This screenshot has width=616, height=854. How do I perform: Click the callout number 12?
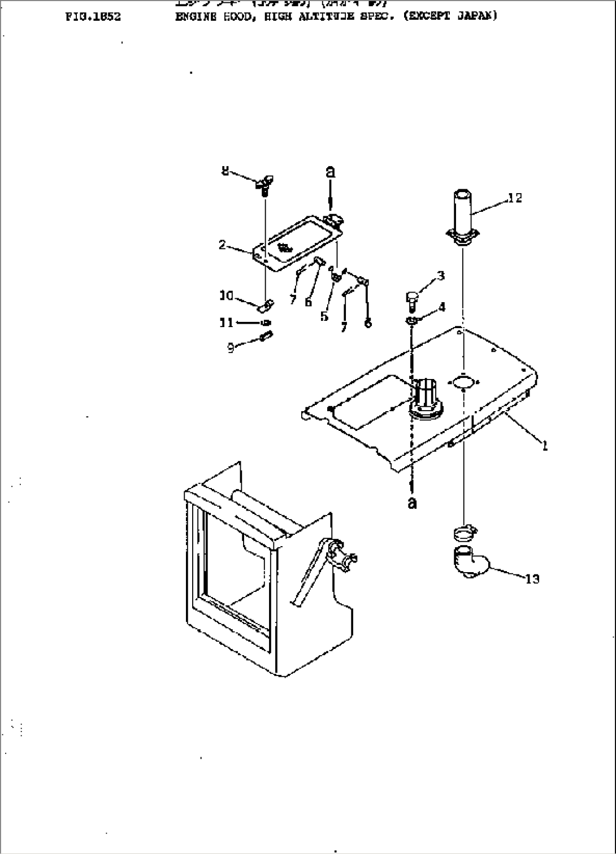pyautogui.click(x=515, y=198)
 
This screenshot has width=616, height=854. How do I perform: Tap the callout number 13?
pyautogui.click(x=532, y=579)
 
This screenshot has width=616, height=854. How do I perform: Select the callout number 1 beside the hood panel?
pyautogui.click(x=545, y=446)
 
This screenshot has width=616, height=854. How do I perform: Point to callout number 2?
pyautogui.click(x=223, y=245)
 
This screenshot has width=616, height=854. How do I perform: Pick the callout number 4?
pyautogui.click(x=441, y=307)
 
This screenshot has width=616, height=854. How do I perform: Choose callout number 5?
pyautogui.click(x=324, y=316)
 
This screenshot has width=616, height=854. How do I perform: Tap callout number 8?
pyautogui.click(x=225, y=170)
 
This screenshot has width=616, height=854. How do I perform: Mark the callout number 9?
pyautogui.click(x=231, y=348)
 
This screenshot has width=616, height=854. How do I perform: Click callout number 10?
pyautogui.click(x=226, y=295)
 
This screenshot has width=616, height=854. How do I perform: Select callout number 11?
pyautogui.click(x=226, y=323)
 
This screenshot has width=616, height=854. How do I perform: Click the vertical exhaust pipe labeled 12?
pyautogui.click(x=463, y=217)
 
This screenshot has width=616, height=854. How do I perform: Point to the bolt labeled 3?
pyautogui.click(x=412, y=299)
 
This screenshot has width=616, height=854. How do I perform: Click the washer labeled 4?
pyautogui.click(x=412, y=321)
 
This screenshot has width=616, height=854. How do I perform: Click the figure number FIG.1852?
pyautogui.click(x=93, y=16)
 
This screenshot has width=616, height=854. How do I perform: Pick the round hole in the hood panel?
pyautogui.click(x=462, y=383)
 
